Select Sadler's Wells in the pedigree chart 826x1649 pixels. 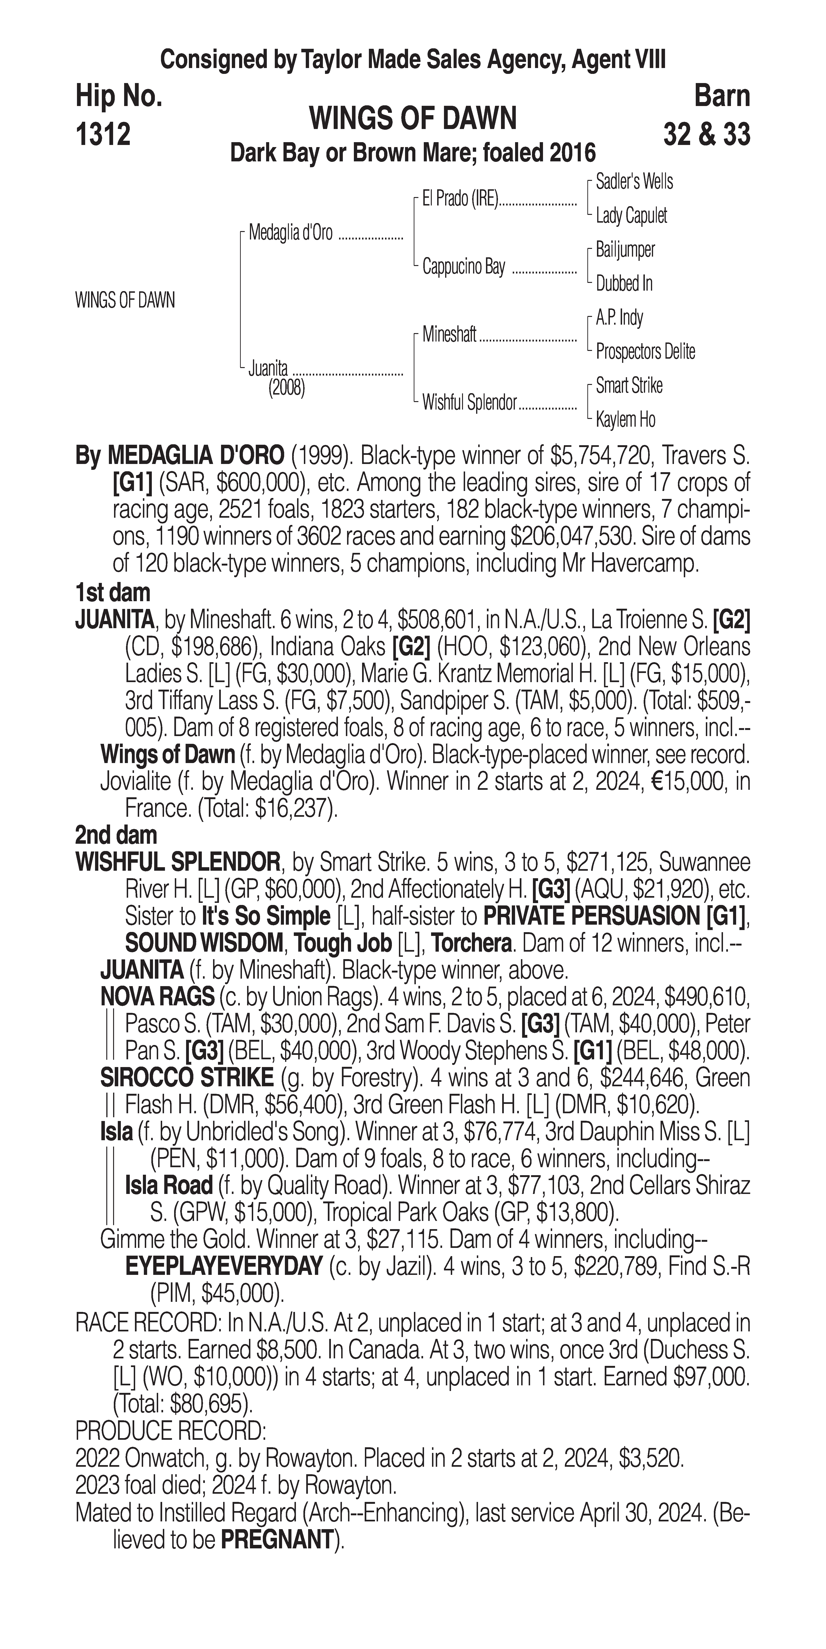pos(634,182)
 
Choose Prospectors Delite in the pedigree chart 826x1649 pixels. pos(645,351)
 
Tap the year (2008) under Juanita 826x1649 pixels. pos(286,388)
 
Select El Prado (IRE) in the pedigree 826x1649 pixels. pos(460,199)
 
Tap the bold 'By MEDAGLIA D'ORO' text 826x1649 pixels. pos(179,456)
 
